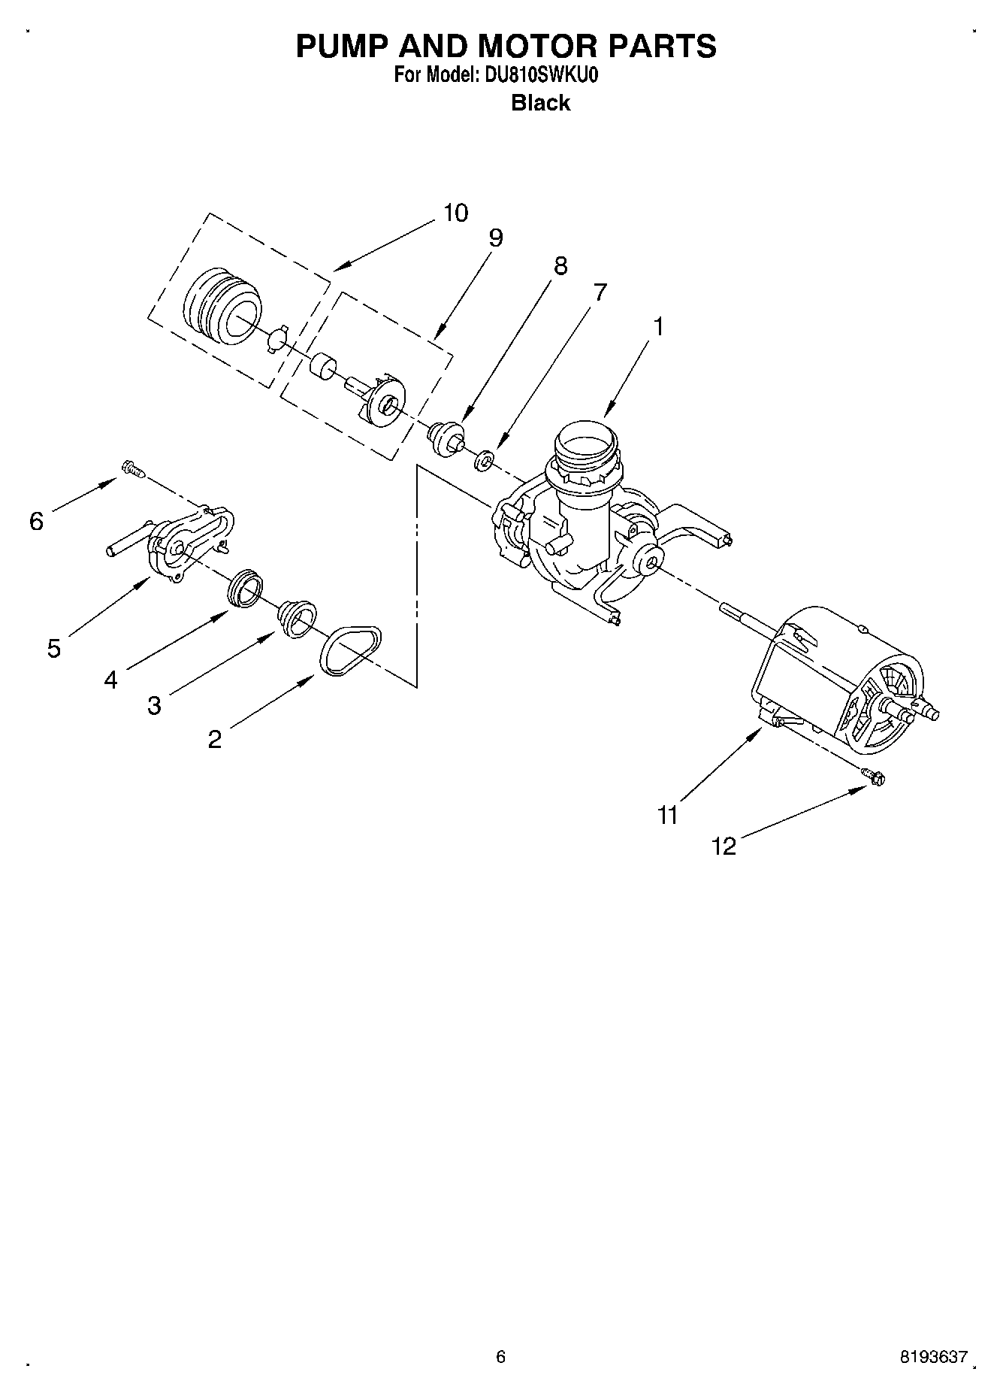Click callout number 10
click(455, 213)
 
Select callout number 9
click(495, 238)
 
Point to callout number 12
click(724, 846)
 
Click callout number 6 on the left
click(37, 521)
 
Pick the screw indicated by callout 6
click(131, 469)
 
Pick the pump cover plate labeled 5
click(184, 545)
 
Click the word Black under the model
click(540, 103)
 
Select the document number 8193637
click(933, 1357)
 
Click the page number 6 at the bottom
click(501, 1357)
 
